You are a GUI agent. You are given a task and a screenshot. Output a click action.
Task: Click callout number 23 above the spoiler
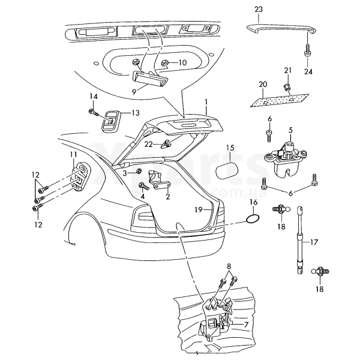coord(259,10)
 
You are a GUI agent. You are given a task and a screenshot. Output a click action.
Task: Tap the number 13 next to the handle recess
coord(135,113)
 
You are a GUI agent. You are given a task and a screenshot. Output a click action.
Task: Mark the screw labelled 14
coord(93,111)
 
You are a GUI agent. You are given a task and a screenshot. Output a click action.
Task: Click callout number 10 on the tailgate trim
coord(182,62)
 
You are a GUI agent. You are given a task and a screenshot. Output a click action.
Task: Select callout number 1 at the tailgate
coord(206,103)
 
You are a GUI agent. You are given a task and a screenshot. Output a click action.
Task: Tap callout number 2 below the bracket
coord(167,197)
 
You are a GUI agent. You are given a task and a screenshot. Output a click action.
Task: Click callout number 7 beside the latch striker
coord(245,325)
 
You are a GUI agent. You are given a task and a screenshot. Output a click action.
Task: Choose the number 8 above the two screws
coord(229,265)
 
